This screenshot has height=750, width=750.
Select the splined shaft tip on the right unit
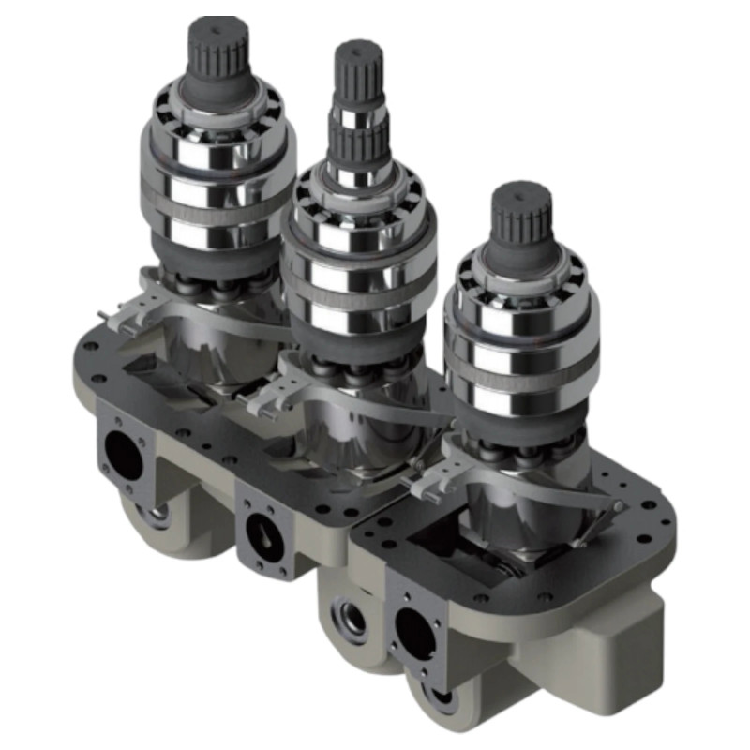point(522,214)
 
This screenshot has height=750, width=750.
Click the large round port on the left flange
point(122,457)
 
